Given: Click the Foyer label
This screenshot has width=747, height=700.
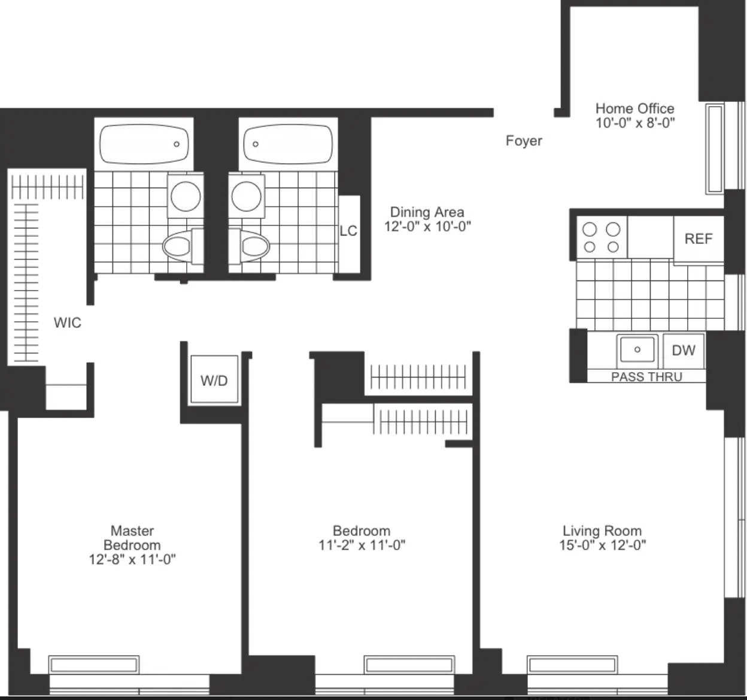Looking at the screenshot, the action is [524, 141].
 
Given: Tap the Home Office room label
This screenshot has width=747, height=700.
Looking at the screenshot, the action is [635, 108].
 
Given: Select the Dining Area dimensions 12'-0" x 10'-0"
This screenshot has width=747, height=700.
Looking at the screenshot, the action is [427, 227].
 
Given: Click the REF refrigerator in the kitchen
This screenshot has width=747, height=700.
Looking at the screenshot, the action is [699, 239].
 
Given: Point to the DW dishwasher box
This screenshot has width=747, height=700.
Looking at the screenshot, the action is [684, 351].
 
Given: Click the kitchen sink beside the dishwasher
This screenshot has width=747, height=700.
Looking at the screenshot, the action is [637, 350].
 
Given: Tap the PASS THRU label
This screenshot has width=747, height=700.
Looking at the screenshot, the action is [646, 377].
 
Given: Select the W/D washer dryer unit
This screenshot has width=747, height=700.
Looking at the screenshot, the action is [214, 379].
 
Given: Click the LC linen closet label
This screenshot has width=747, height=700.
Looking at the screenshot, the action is [348, 231].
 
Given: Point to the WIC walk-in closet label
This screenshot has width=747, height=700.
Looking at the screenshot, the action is [67, 323].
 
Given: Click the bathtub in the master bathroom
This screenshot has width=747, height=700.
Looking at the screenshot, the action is [144, 144].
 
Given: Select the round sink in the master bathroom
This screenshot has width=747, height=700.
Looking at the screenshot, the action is [186, 196].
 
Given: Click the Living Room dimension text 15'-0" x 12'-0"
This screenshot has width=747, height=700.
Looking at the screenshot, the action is [602, 545].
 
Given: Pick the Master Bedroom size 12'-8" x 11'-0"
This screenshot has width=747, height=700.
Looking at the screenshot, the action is [132, 560].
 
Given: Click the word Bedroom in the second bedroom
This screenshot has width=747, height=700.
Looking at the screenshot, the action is [362, 531].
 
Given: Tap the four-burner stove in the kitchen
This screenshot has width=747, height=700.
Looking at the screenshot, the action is [602, 237].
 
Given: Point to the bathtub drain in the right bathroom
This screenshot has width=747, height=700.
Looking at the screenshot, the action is [256, 144].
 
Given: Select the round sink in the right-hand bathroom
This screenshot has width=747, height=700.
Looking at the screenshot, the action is [247, 196].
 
